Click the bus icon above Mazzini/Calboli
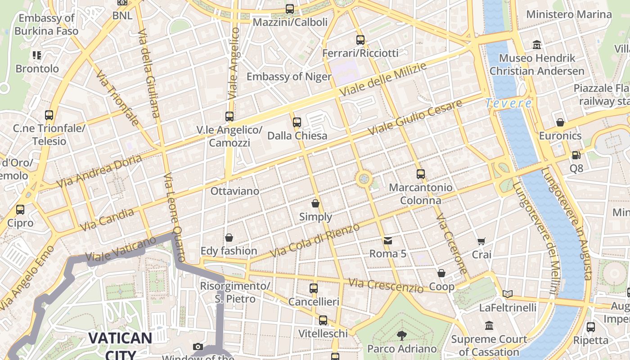pyautogui.click(x=290, y=9)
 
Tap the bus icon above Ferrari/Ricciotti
pyautogui.click(x=360, y=40)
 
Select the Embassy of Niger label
pyautogui.click(x=289, y=76)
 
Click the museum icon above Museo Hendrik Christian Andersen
pyautogui.click(x=537, y=45)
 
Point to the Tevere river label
pyautogui.click(x=508, y=103)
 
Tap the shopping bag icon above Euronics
pyautogui.click(x=560, y=122)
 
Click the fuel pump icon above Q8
pyautogui.click(x=576, y=155)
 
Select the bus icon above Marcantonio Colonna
pyautogui.click(x=421, y=174)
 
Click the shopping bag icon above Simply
pyautogui.click(x=315, y=203)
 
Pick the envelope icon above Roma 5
pyautogui.click(x=388, y=241)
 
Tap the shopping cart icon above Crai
pyautogui.click(x=481, y=242)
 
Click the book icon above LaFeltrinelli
pyautogui.click(x=508, y=294)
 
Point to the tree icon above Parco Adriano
pyautogui.click(x=401, y=335)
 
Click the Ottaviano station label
pyautogui.click(x=235, y=191)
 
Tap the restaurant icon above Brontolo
pyautogui.click(x=37, y=55)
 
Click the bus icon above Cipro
pyautogui.click(x=20, y=210)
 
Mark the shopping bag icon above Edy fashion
pyautogui.click(x=229, y=238)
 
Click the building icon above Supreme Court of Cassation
pyautogui.click(x=489, y=325)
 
